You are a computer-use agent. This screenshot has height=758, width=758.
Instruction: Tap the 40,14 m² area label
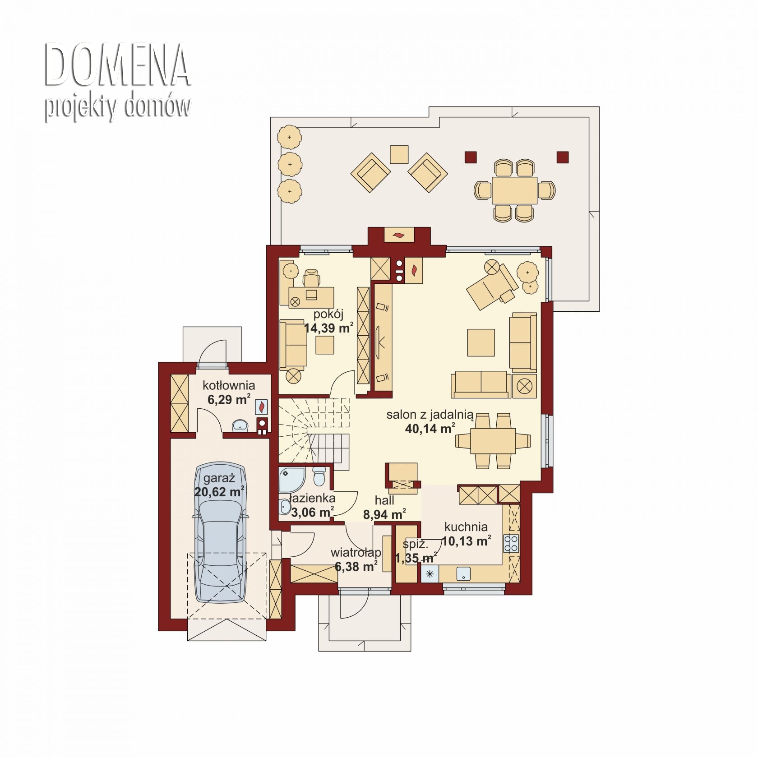(x=430, y=428)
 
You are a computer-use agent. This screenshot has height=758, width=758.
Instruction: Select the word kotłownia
(x=229, y=385)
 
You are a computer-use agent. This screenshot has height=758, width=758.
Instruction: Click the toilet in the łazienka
(x=319, y=476)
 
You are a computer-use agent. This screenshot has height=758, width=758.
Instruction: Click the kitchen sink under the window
(x=463, y=574)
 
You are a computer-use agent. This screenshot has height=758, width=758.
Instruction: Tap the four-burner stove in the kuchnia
(x=511, y=543)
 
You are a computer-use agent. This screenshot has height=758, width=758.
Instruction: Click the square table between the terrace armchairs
(x=399, y=154)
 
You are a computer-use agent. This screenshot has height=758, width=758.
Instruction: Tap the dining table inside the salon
(x=493, y=441)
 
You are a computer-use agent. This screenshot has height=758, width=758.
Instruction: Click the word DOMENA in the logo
(x=117, y=66)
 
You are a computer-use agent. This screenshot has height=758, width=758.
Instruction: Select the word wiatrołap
(x=356, y=552)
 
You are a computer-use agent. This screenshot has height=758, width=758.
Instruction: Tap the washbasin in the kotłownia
(x=241, y=425)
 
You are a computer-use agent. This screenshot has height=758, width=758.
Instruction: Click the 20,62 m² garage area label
(x=219, y=491)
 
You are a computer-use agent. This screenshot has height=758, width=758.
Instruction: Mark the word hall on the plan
(x=384, y=500)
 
